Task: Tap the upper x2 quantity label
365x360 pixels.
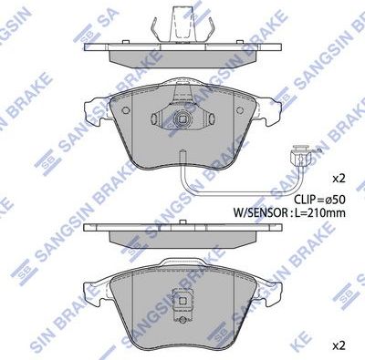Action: tap(337, 177)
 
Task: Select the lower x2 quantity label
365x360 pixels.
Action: tap(337, 345)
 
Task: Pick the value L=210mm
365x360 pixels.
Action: tap(325, 212)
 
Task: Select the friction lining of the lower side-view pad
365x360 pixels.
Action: tap(182, 240)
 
